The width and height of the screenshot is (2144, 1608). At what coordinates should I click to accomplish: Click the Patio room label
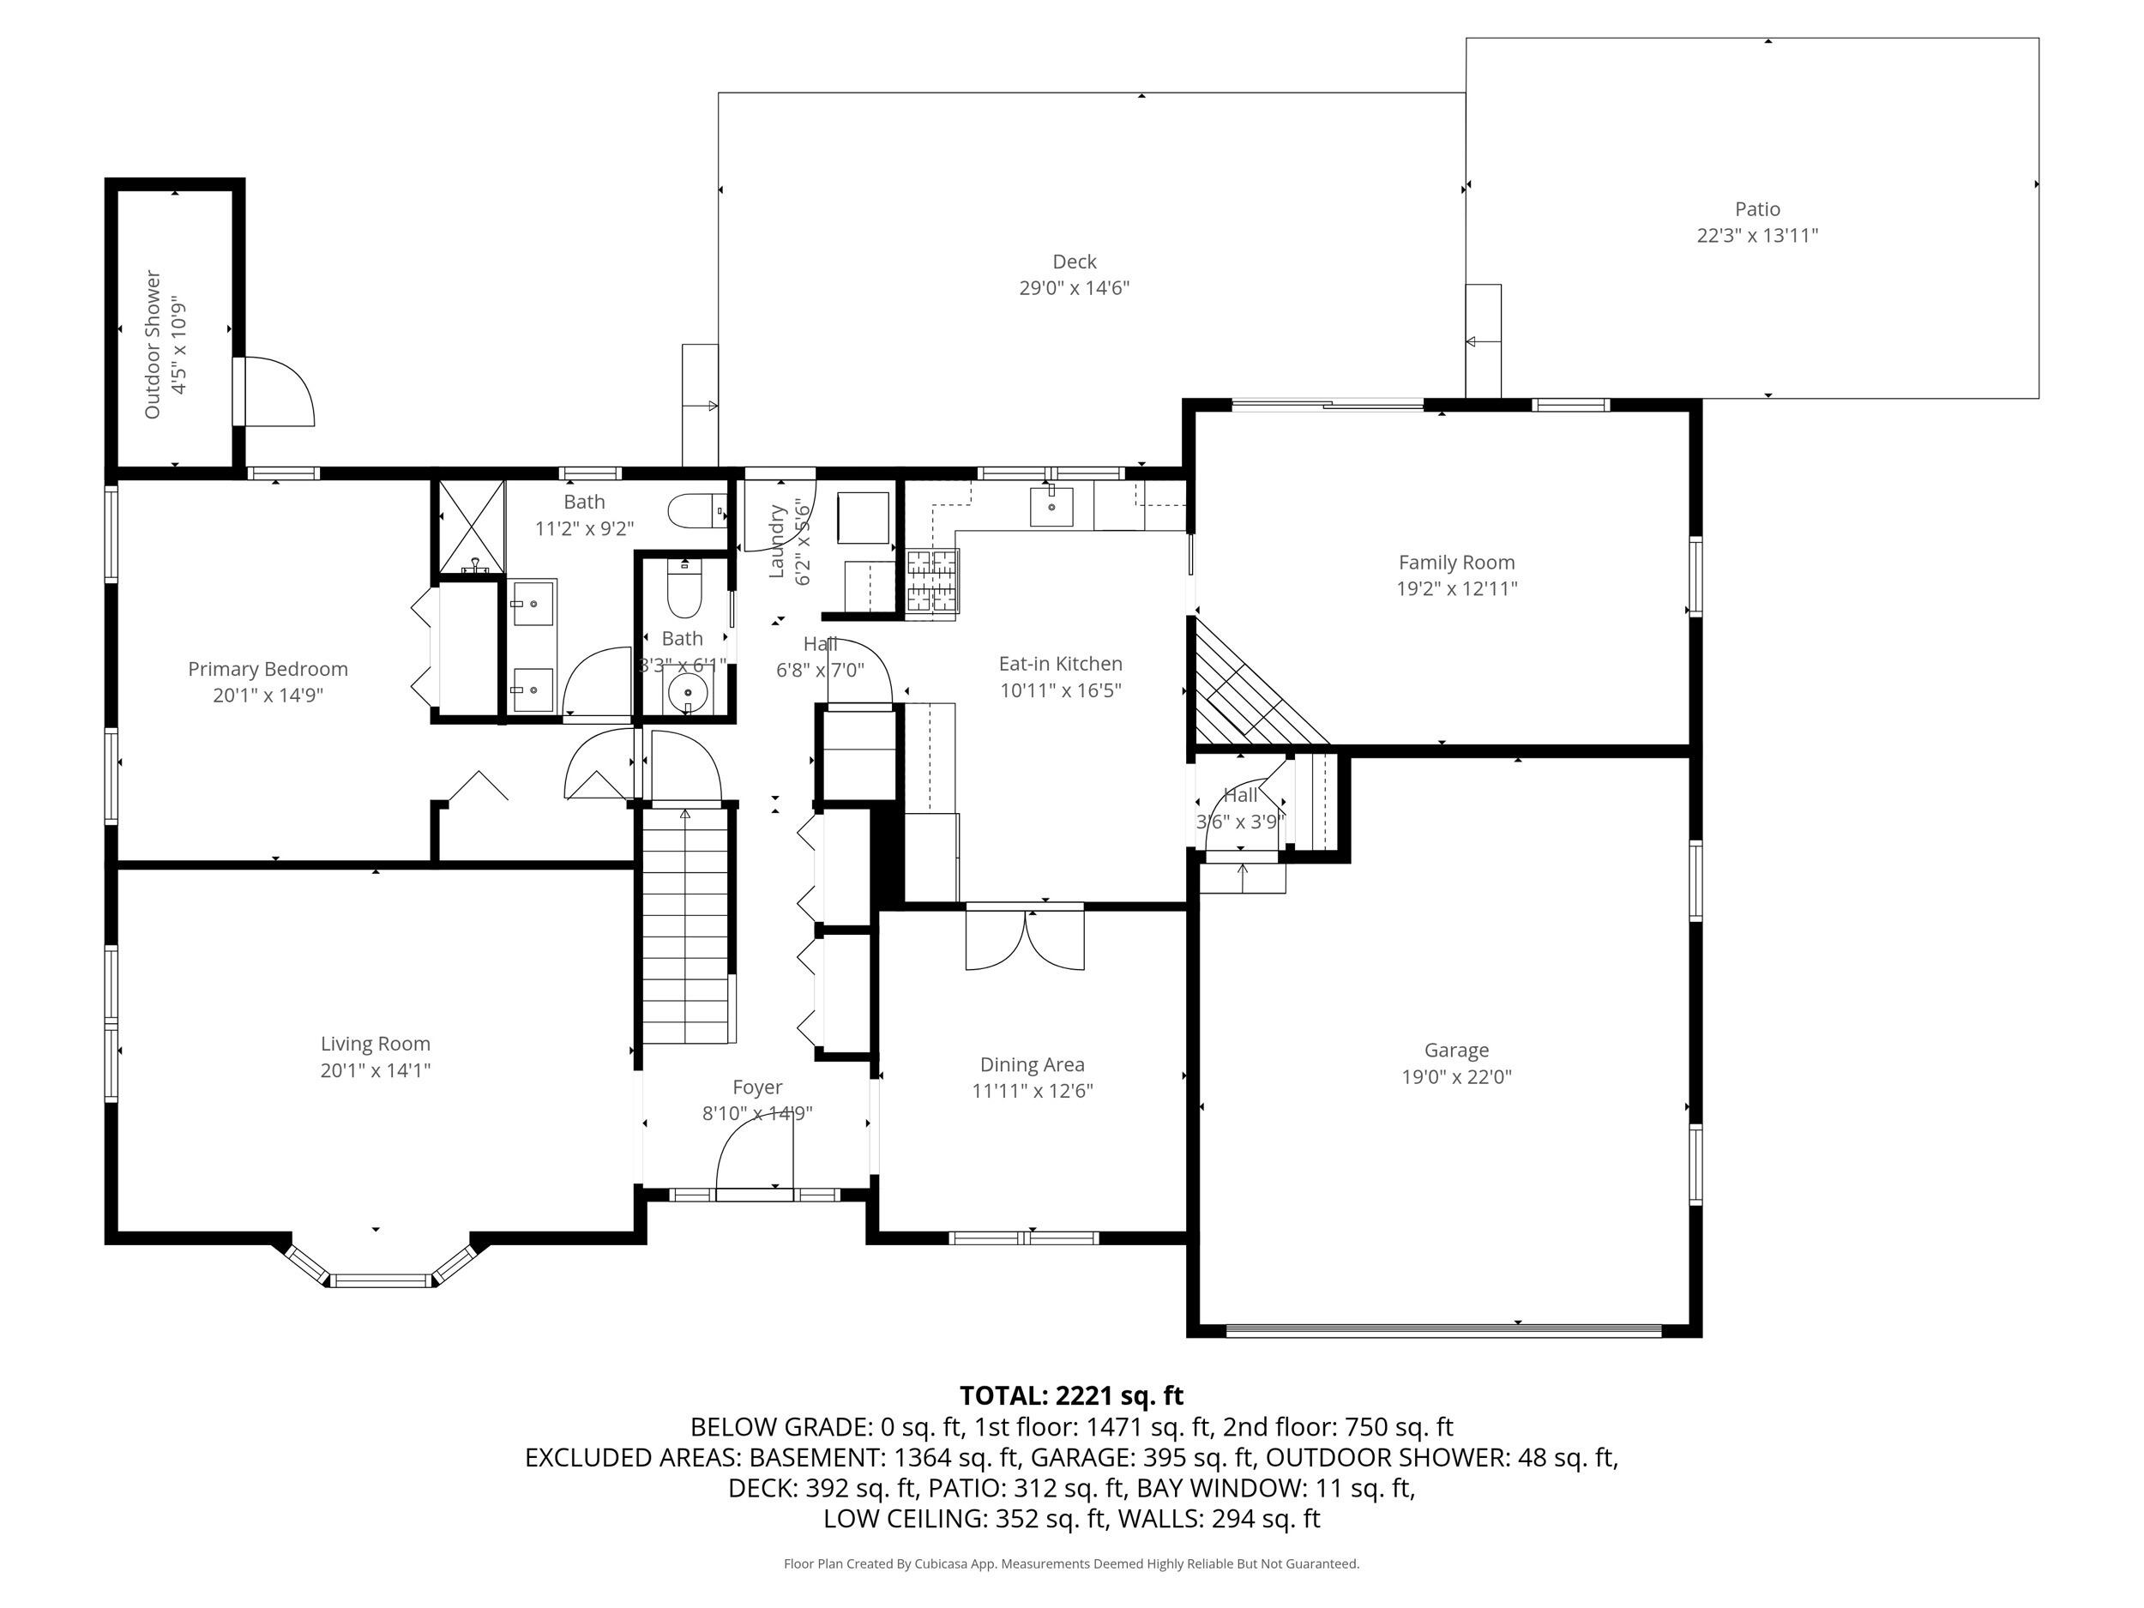[1757, 209]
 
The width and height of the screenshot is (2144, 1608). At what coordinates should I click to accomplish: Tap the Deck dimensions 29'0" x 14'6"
[1074, 288]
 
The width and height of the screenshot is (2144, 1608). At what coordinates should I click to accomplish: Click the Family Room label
[1456, 563]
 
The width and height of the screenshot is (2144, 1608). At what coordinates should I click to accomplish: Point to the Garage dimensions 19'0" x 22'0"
[1456, 1076]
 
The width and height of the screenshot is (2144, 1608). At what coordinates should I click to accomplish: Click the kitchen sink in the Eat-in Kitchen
[1051, 506]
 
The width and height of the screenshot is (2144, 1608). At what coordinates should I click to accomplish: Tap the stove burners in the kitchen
[932, 581]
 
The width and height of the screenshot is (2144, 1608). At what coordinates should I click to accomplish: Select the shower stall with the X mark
[472, 527]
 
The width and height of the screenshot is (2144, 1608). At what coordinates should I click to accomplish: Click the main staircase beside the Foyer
[685, 925]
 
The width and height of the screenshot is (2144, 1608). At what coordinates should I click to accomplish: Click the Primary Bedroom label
[268, 669]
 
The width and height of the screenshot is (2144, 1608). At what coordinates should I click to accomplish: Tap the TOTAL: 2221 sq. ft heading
[1071, 1395]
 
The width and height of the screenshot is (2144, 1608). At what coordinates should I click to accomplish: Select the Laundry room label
[776, 541]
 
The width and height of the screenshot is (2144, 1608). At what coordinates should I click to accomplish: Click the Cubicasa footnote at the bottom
[1071, 1563]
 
